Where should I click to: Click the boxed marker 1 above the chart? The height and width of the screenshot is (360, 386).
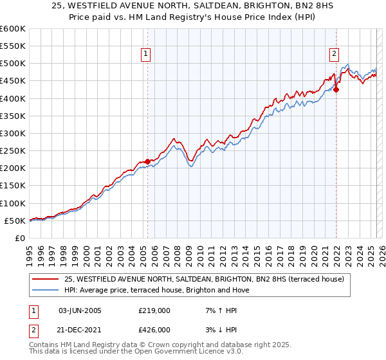coord(147,54)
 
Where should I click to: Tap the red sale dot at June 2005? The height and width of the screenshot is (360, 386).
coord(147,161)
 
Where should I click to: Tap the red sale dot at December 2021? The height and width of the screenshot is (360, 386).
coord(336,89)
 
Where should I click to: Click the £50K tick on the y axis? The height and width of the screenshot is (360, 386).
coord(15,221)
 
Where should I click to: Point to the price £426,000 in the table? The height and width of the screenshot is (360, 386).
coord(154,329)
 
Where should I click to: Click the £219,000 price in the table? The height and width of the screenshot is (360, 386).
coord(154,310)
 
